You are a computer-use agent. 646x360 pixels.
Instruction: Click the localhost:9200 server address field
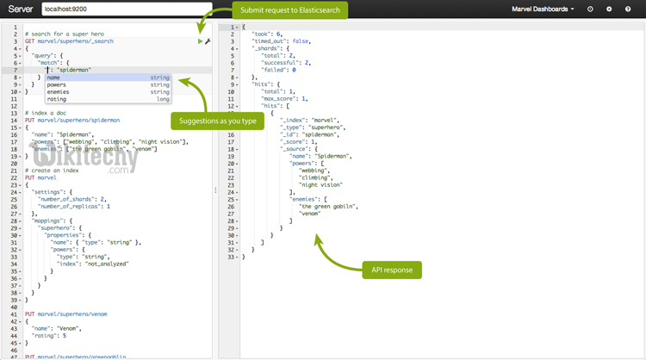[x=125, y=9]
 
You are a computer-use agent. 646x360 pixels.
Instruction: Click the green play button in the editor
[x=200, y=41]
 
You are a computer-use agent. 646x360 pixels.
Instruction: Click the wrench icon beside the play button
[x=208, y=41]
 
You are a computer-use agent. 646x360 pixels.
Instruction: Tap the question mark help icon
[x=628, y=9]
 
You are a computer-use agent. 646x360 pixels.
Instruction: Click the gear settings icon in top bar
[x=609, y=9]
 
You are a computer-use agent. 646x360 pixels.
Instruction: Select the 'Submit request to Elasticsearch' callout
[x=290, y=10]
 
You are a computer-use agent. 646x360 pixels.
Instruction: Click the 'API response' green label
[x=392, y=270]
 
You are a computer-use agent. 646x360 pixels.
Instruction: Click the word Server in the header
[x=20, y=9]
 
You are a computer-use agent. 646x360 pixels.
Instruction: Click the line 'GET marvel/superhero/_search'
[x=68, y=41]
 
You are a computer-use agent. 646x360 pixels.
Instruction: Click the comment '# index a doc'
[x=47, y=113]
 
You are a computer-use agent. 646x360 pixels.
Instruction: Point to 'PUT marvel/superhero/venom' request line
[x=66, y=314]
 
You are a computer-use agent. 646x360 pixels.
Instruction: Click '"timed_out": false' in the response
[x=281, y=41]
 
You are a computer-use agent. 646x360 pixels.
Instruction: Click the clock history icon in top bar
[x=590, y=9]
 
